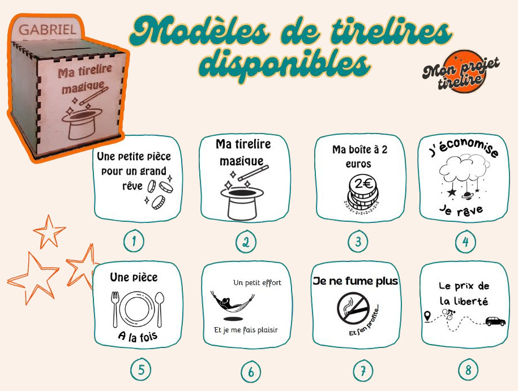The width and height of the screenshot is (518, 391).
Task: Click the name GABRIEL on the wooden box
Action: coord(47,29)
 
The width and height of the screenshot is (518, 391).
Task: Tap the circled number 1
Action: coord(134,242)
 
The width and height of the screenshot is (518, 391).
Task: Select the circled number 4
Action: coord(465,242)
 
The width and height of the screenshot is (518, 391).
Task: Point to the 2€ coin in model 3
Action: coord(362,185)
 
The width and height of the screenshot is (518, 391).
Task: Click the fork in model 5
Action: coord(115,308)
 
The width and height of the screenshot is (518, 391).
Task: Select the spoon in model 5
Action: coord(160,308)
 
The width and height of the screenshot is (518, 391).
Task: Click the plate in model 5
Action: coord(138,309)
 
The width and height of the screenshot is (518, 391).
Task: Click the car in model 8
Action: coord(495,321)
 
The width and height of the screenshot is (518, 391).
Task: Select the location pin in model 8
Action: coord(427,315)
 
